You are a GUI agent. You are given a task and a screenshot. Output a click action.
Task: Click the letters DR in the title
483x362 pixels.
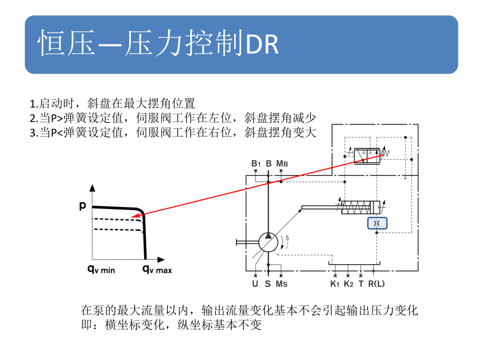coord(262,45)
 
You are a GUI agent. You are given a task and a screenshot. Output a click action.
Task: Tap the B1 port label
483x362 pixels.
coord(256,164)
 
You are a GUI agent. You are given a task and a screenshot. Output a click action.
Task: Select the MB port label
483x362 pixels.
coord(282,164)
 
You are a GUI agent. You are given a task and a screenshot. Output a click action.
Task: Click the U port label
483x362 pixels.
coord(255,284)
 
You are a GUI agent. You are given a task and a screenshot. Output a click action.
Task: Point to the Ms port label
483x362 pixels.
coord(281,284)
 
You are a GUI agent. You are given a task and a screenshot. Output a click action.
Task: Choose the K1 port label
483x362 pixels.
coord(335,284)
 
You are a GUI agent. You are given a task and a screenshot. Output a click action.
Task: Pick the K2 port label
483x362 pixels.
coord(348,284)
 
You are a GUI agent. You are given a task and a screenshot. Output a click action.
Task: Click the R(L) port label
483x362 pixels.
coord(376,284)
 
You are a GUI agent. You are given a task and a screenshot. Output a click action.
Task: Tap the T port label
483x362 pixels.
coord(361,284)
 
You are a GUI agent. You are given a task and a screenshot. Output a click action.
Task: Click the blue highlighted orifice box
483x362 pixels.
coord(377,223)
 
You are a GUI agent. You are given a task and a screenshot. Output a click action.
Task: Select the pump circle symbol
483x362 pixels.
coord(268,242)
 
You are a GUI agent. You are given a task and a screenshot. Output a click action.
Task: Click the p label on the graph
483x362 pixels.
coord(83,206)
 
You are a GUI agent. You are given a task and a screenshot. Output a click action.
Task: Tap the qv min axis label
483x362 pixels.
coord(101,269)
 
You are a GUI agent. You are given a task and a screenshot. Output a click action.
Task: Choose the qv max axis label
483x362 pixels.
coord(157,269)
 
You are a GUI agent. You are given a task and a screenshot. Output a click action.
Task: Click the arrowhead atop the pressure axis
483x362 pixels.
coord(92,188)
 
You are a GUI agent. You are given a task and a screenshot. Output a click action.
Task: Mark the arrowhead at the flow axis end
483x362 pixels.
coord(161,259)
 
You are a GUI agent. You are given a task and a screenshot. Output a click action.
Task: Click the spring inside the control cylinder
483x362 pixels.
coord(356,207)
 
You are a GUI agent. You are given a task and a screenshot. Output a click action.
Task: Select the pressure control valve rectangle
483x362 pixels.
coord(367,156)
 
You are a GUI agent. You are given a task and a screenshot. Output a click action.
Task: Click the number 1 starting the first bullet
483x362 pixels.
coord(32,104)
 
